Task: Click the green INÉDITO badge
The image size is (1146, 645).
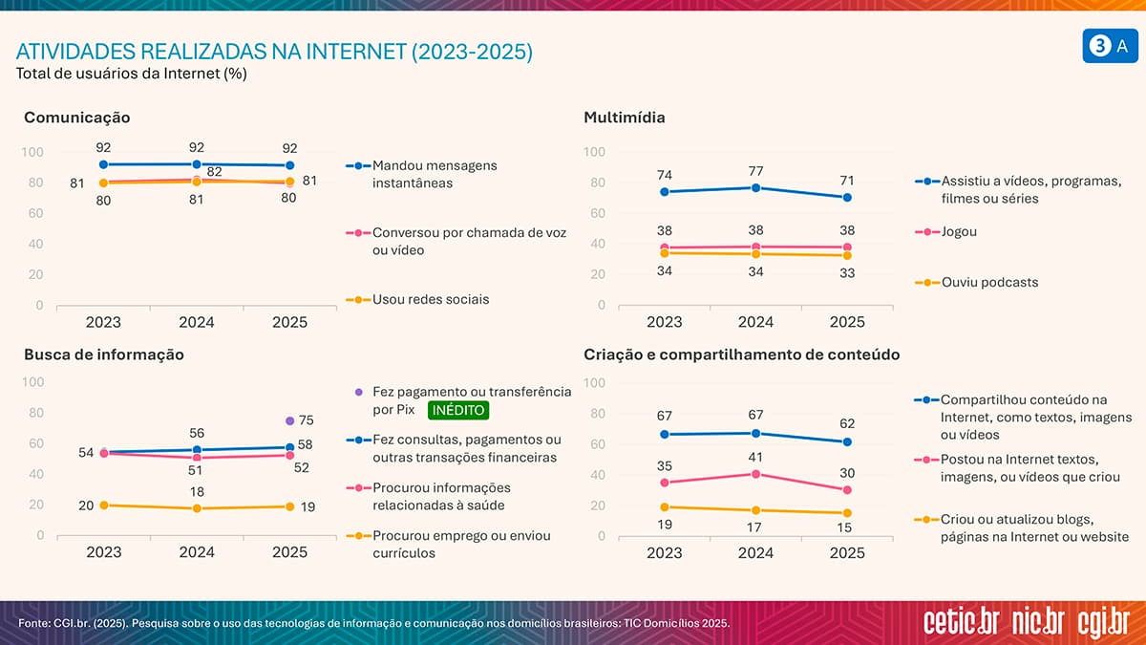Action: (x=458, y=410)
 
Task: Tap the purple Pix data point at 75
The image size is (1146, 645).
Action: (x=289, y=420)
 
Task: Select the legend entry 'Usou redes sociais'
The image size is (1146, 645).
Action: (x=430, y=299)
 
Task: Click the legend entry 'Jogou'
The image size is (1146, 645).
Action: (x=959, y=231)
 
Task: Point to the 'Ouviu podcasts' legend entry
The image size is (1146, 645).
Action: (x=989, y=282)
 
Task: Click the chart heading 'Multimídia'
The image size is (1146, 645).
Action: (x=625, y=118)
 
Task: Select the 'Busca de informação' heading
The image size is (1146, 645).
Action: (x=104, y=355)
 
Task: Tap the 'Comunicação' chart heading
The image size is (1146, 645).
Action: (x=77, y=118)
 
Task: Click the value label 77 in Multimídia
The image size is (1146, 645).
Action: (x=755, y=170)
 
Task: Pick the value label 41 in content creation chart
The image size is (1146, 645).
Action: (x=755, y=457)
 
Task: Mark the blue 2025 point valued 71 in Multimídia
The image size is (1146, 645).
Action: (x=846, y=198)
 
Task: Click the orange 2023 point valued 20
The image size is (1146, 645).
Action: (x=103, y=505)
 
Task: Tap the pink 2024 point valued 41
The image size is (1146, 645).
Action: (x=755, y=474)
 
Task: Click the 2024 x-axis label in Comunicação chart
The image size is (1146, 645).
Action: (x=197, y=322)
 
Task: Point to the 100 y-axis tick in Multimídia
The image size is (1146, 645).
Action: (x=594, y=152)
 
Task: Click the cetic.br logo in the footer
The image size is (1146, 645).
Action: (x=962, y=621)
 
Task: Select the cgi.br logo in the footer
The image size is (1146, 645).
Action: (x=1103, y=621)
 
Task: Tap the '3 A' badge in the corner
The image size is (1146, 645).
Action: (x=1111, y=47)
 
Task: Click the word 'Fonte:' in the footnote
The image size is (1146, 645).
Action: (x=36, y=624)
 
